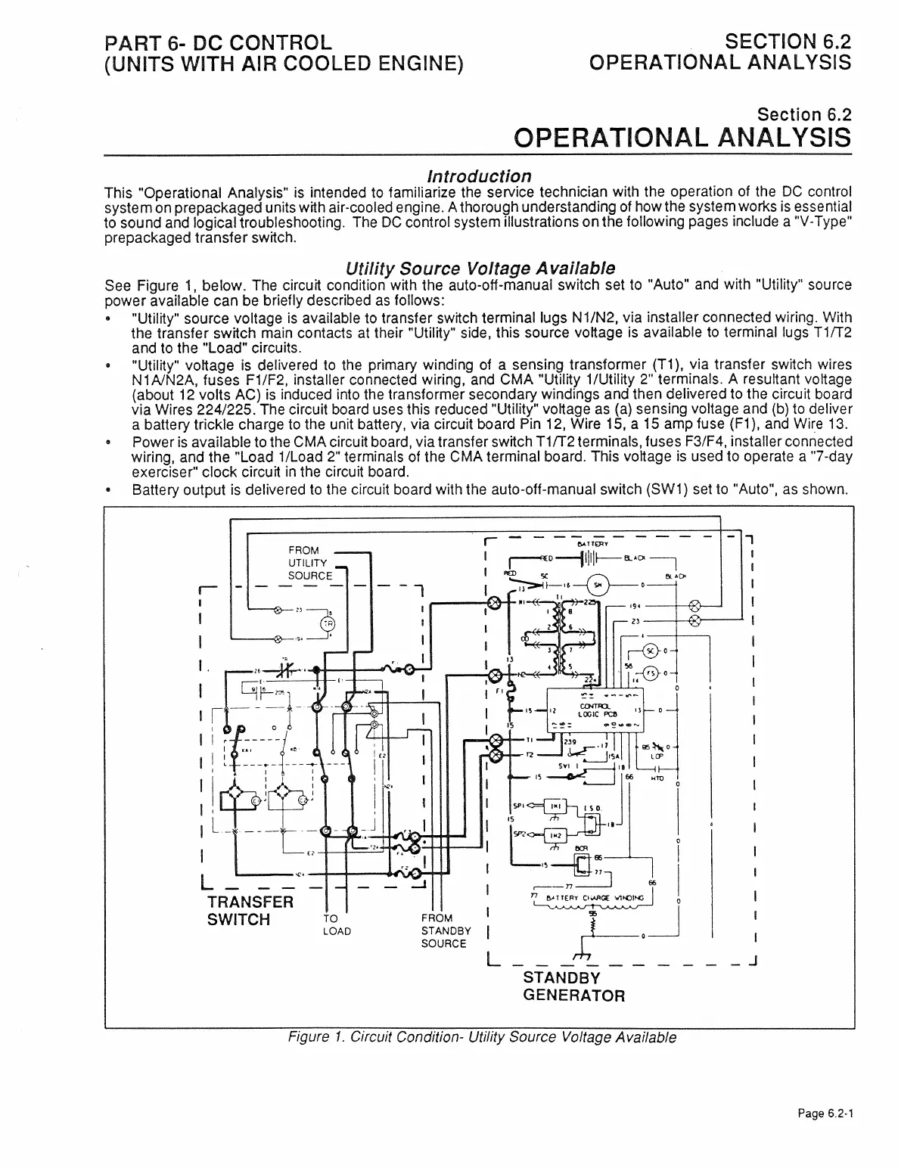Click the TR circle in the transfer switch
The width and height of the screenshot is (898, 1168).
click(328, 623)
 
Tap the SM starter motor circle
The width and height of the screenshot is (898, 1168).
click(598, 584)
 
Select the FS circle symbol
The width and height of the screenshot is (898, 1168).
click(649, 674)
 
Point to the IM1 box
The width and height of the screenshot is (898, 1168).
click(554, 807)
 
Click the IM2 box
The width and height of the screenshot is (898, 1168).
click(554, 834)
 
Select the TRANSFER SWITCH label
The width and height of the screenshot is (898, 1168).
click(250, 911)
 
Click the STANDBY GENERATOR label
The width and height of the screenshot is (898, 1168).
click(573, 986)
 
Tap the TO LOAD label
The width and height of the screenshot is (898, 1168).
click(336, 924)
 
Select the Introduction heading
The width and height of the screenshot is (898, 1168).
click(479, 176)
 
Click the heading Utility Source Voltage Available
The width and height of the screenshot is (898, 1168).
click(480, 269)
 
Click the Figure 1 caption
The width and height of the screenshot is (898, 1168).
click(479, 1037)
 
